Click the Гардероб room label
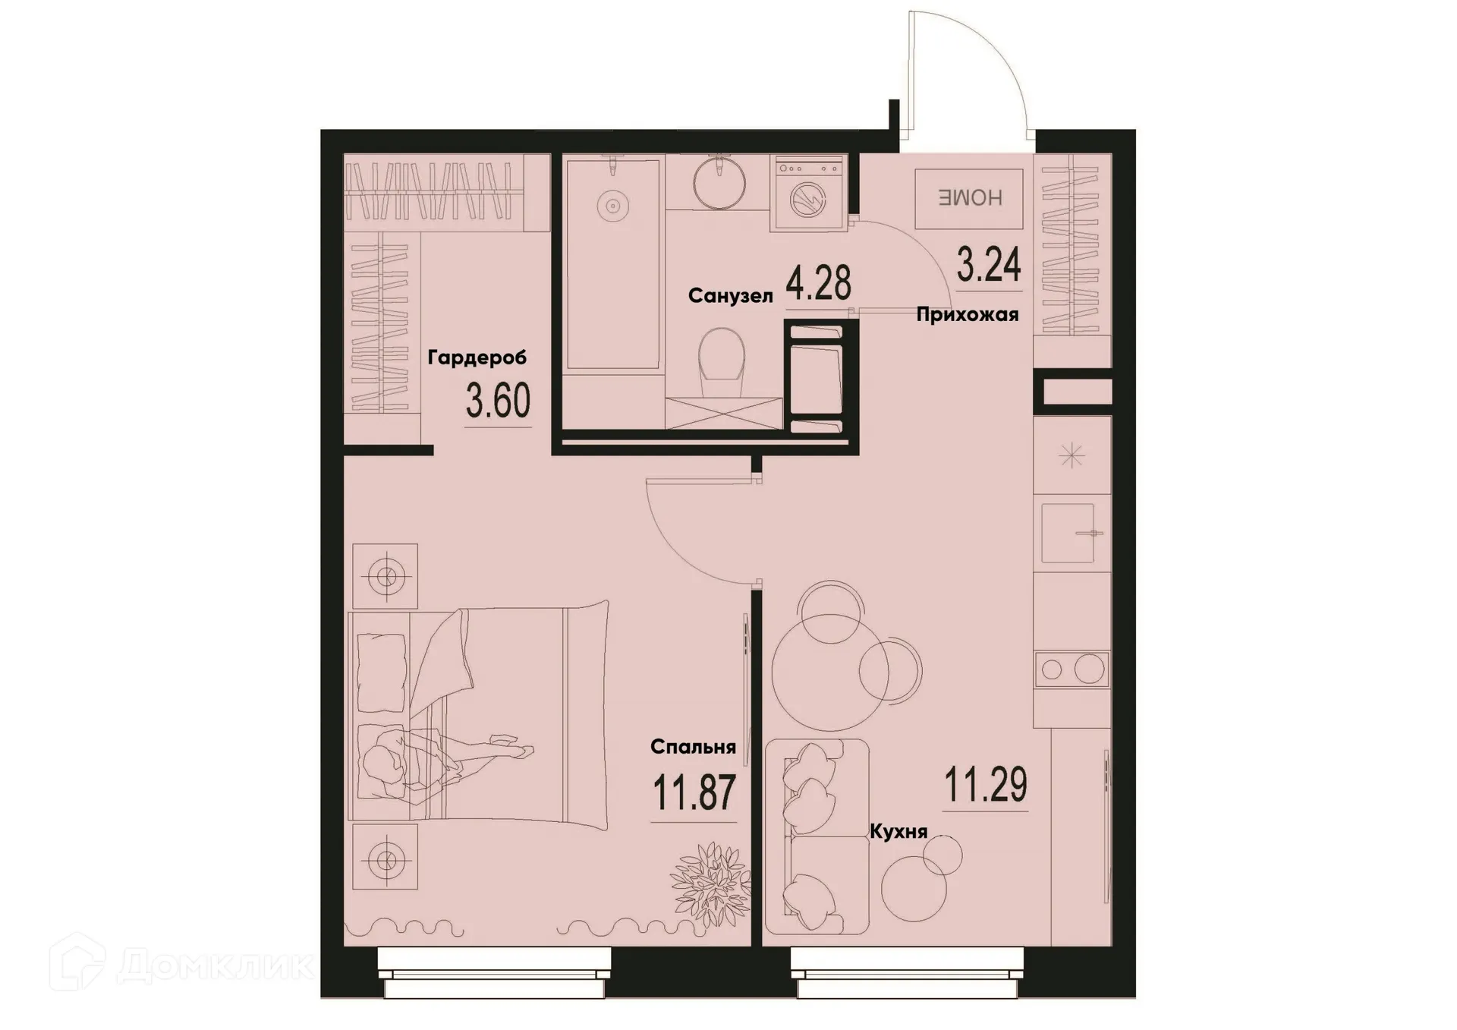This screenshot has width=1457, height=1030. click(477, 357)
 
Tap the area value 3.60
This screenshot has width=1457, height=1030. click(498, 402)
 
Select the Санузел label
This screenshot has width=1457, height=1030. click(730, 296)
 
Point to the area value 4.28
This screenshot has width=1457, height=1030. click(818, 284)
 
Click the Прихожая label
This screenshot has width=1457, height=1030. click(967, 314)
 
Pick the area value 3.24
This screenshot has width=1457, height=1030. click(989, 265)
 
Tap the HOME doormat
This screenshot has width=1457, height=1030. click(969, 198)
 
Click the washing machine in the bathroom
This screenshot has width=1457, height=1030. click(807, 194)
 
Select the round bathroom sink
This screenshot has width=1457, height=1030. click(719, 182)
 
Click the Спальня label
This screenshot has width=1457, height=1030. click(693, 747)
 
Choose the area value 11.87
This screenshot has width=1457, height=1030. click(694, 793)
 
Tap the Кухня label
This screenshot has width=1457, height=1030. click(898, 832)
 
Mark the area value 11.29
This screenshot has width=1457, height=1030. click(986, 785)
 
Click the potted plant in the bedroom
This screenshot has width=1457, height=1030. click(710, 884)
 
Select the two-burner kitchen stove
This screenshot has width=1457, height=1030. click(1072, 669)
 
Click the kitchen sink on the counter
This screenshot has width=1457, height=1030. click(1068, 533)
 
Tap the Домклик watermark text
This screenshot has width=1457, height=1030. click(216, 965)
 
